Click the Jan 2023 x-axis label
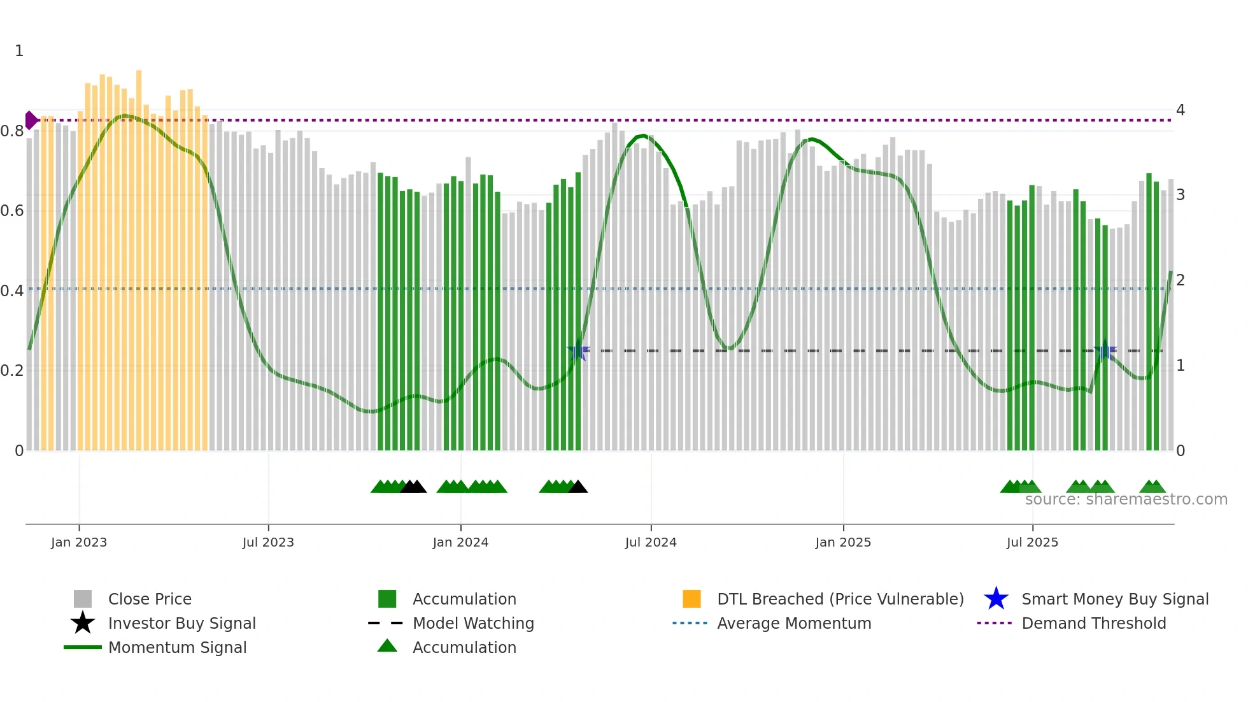(x=79, y=542)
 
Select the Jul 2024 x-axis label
(x=651, y=542)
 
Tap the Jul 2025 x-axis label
(x=1032, y=542)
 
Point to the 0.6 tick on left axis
(x=12, y=211)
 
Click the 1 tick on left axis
(x=19, y=51)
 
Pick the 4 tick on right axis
(x=1180, y=110)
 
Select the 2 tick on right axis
(x=1180, y=280)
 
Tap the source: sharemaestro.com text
(x=1126, y=499)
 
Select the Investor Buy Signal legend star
(x=83, y=623)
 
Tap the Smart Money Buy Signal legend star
(x=996, y=599)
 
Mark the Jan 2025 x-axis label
(x=843, y=542)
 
